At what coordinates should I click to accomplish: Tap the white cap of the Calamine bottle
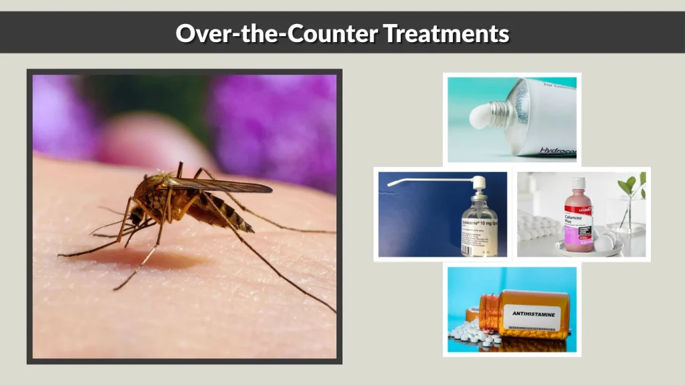tap(578, 182)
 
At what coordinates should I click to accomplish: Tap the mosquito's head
tap(137, 214)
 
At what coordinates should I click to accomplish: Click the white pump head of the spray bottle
tap(479, 182)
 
